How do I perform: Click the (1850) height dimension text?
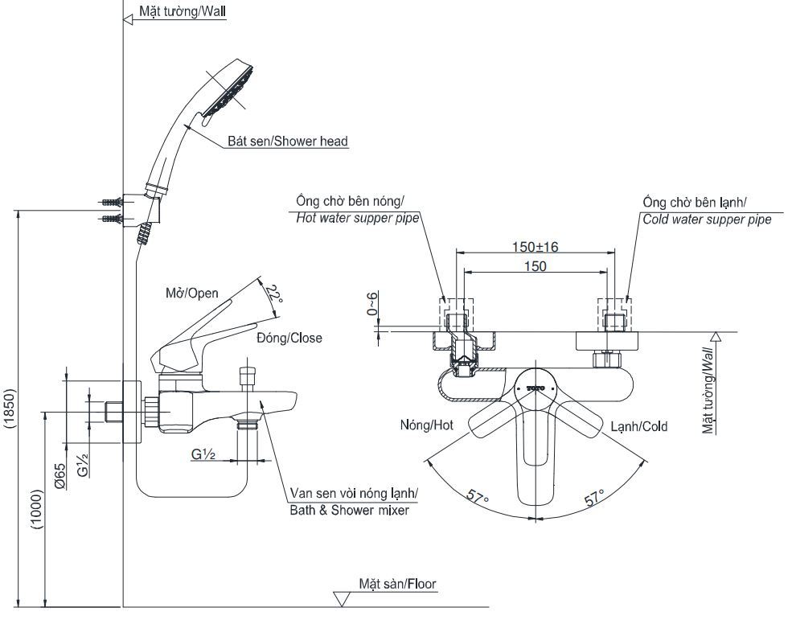click(x=9, y=412)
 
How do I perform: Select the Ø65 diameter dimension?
click(x=60, y=476)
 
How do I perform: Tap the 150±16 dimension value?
click(x=536, y=246)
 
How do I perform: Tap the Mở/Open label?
click(x=191, y=294)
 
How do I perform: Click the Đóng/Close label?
click(x=289, y=338)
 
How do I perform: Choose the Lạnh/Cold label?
click(x=638, y=426)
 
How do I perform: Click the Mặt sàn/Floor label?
click(x=397, y=584)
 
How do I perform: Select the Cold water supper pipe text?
click(x=706, y=219)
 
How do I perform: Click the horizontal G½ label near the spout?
click(x=203, y=454)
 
